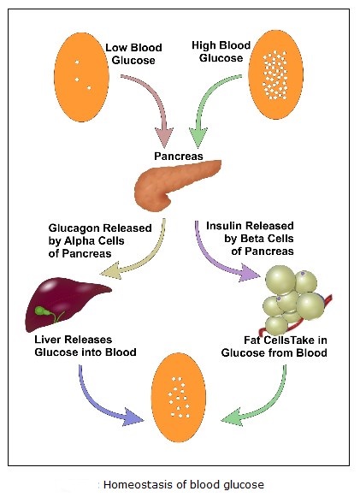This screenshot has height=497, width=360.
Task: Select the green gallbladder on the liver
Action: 43,311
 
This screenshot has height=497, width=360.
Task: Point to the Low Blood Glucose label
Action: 133,54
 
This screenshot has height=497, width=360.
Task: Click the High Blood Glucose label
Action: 221,51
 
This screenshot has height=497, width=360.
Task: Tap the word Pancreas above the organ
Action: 179,156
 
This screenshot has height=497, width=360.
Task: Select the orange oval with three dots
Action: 82,77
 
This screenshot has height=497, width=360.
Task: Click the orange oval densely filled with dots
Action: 275,74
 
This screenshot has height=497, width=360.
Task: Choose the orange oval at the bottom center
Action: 179,398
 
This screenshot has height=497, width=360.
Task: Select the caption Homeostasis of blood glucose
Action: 184,485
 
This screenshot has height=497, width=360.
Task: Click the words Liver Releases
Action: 74,340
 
